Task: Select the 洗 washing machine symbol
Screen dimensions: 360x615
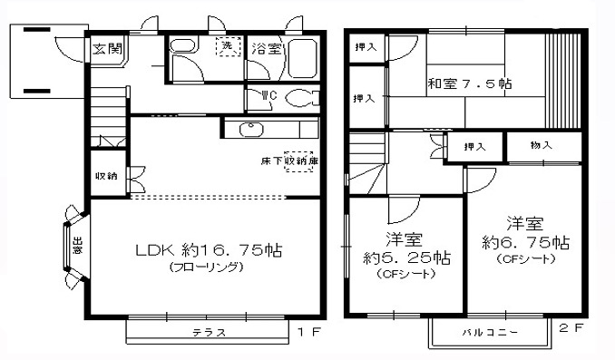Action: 223,48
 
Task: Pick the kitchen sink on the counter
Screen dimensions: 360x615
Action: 252,128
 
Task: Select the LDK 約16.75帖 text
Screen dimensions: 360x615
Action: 209,251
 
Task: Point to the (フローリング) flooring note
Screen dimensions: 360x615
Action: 208,268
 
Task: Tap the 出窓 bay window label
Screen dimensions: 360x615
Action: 78,246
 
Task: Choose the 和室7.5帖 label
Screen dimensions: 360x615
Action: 470,84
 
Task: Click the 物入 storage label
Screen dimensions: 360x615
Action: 542,145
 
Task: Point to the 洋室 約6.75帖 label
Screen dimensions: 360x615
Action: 525,233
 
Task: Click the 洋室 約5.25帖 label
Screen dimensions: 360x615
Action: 405,248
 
